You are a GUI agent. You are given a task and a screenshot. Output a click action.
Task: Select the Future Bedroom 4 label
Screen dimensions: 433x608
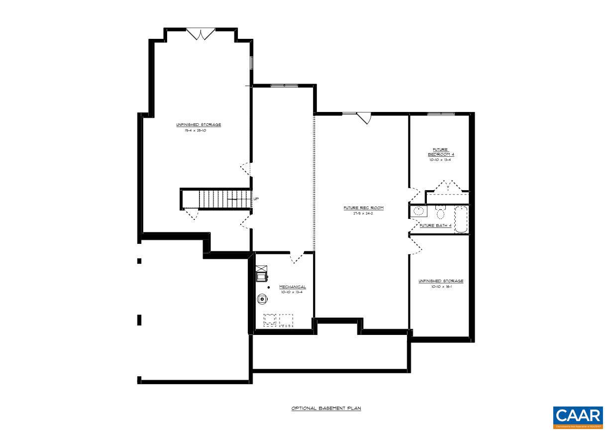[441, 152]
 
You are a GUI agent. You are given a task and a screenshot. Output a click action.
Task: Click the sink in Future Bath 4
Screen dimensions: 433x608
[418, 211]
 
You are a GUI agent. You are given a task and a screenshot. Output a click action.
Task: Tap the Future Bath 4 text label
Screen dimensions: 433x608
[436, 225]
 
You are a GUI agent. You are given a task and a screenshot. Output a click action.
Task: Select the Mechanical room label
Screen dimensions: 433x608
[292, 287]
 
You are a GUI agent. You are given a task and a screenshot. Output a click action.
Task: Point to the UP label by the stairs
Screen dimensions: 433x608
[256, 199]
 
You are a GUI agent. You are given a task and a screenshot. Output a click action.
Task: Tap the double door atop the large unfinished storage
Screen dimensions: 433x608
[201, 34]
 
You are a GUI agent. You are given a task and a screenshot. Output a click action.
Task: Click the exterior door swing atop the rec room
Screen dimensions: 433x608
[365, 118]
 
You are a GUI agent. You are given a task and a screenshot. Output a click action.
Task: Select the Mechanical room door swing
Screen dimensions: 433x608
[297, 257]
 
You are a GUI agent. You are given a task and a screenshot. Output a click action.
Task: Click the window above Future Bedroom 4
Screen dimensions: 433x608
[441, 114]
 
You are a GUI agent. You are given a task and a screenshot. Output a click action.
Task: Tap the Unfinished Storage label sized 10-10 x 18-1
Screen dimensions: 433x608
[440, 281]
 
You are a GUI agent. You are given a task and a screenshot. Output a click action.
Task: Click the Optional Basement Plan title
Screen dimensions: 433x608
[326, 408]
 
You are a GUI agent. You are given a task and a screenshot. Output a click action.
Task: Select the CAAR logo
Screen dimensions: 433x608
[578, 417]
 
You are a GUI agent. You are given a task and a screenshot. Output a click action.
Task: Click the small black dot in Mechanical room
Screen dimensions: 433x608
[269, 288]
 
